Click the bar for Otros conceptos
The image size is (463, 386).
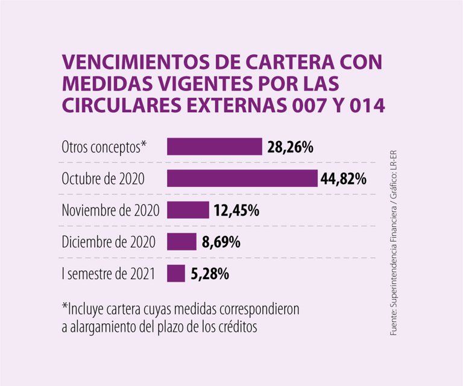coord(214,147)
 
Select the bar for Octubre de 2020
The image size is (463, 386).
coord(242,179)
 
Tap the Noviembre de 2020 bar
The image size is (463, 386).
coord(187,210)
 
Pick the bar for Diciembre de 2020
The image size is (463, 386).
coord(181,242)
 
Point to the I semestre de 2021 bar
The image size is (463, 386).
coord(176,273)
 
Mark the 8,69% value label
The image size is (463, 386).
coord(221,242)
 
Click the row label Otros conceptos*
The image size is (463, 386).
coord(104,147)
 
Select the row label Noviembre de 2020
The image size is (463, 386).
coord(110,210)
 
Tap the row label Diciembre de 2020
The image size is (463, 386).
coord(109,242)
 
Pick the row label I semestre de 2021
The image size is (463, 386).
coord(109,274)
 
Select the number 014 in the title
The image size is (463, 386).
coord(365,105)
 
